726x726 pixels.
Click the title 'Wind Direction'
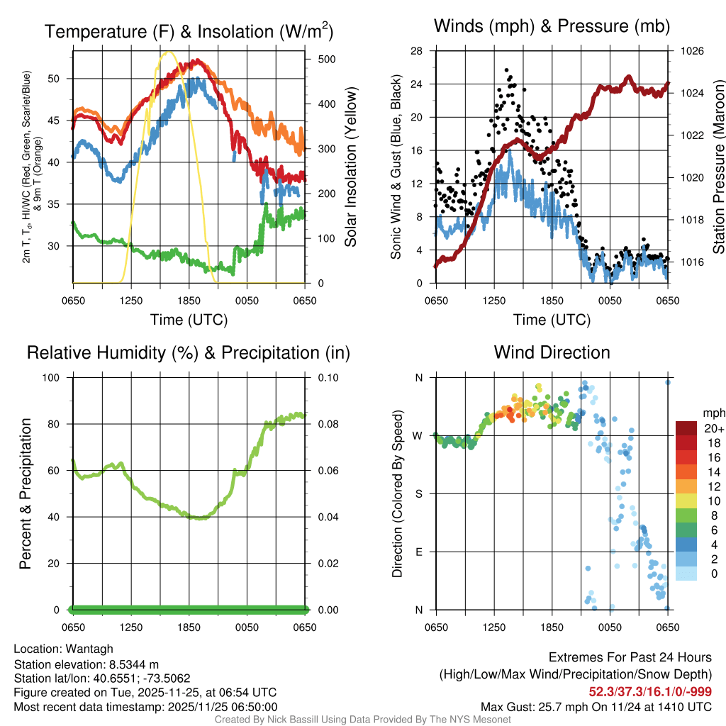[552, 352]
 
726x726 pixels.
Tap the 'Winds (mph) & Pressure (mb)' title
[552, 26]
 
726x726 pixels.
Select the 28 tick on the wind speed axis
[417, 51]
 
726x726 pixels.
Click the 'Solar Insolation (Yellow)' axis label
[351, 167]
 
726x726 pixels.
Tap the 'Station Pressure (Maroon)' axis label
[718, 167]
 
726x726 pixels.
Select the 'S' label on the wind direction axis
[418, 493]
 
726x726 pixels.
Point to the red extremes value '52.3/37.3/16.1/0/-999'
[650, 691]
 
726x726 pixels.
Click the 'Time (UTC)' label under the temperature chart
[189, 320]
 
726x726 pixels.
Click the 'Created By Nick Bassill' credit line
[363, 720]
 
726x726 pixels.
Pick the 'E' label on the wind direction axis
[418, 552]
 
